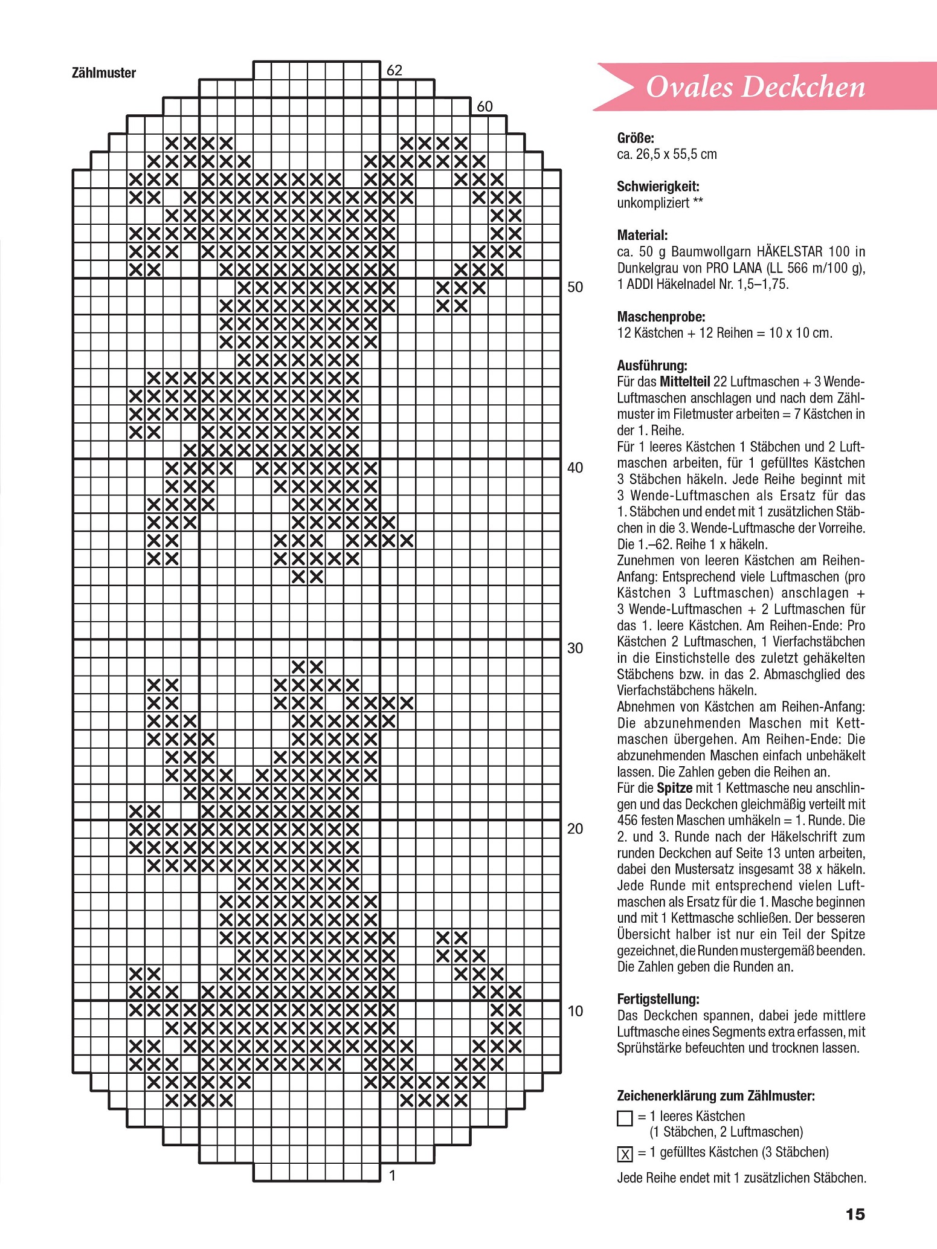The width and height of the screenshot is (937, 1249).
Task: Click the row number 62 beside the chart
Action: pyautogui.click(x=394, y=71)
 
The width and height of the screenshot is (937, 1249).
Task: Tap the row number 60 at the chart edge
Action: pyautogui.click(x=485, y=107)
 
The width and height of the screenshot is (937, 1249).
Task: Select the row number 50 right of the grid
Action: pyautogui.click(x=575, y=287)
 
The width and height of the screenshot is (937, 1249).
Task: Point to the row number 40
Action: pyautogui.click(x=575, y=468)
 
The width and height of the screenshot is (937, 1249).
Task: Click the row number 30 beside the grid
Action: pyautogui.click(x=575, y=648)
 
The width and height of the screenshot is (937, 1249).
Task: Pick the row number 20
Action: pyautogui.click(x=575, y=829)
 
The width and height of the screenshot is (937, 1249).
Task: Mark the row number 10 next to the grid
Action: pyautogui.click(x=575, y=1011)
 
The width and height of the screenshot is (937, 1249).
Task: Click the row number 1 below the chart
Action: pyautogui.click(x=393, y=1175)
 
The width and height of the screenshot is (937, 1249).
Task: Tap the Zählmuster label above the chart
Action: pyautogui.click(x=103, y=73)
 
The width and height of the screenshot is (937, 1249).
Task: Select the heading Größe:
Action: pyautogui.click(x=636, y=138)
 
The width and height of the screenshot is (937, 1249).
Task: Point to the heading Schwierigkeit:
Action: pyautogui.click(x=658, y=187)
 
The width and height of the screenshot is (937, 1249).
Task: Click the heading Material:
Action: pyautogui.click(x=642, y=235)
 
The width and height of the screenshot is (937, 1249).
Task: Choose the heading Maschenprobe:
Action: pyautogui.click(x=661, y=317)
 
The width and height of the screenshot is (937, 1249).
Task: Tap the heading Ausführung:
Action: pyautogui.click(x=652, y=366)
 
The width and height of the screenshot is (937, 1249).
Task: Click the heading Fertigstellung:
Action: pyautogui.click(x=658, y=999)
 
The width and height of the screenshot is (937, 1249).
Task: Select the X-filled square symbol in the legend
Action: pyautogui.click(x=625, y=1154)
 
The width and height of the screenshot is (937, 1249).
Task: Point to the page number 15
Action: pyautogui.click(x=855, y=1213)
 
